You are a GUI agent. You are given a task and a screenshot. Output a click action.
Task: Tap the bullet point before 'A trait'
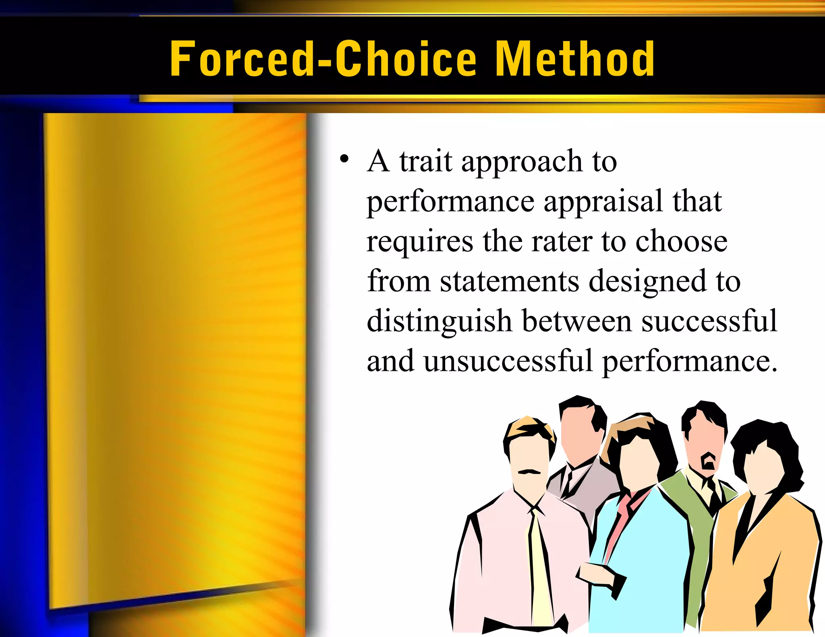(344, 158)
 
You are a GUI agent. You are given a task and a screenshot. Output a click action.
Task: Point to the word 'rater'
(562, 242)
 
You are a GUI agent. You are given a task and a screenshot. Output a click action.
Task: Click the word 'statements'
(509, 281)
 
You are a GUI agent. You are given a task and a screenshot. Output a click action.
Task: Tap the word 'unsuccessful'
(508, 361)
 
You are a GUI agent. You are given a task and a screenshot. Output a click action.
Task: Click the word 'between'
(576, 321)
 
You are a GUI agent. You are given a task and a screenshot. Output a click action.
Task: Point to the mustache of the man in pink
(529, 472)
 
